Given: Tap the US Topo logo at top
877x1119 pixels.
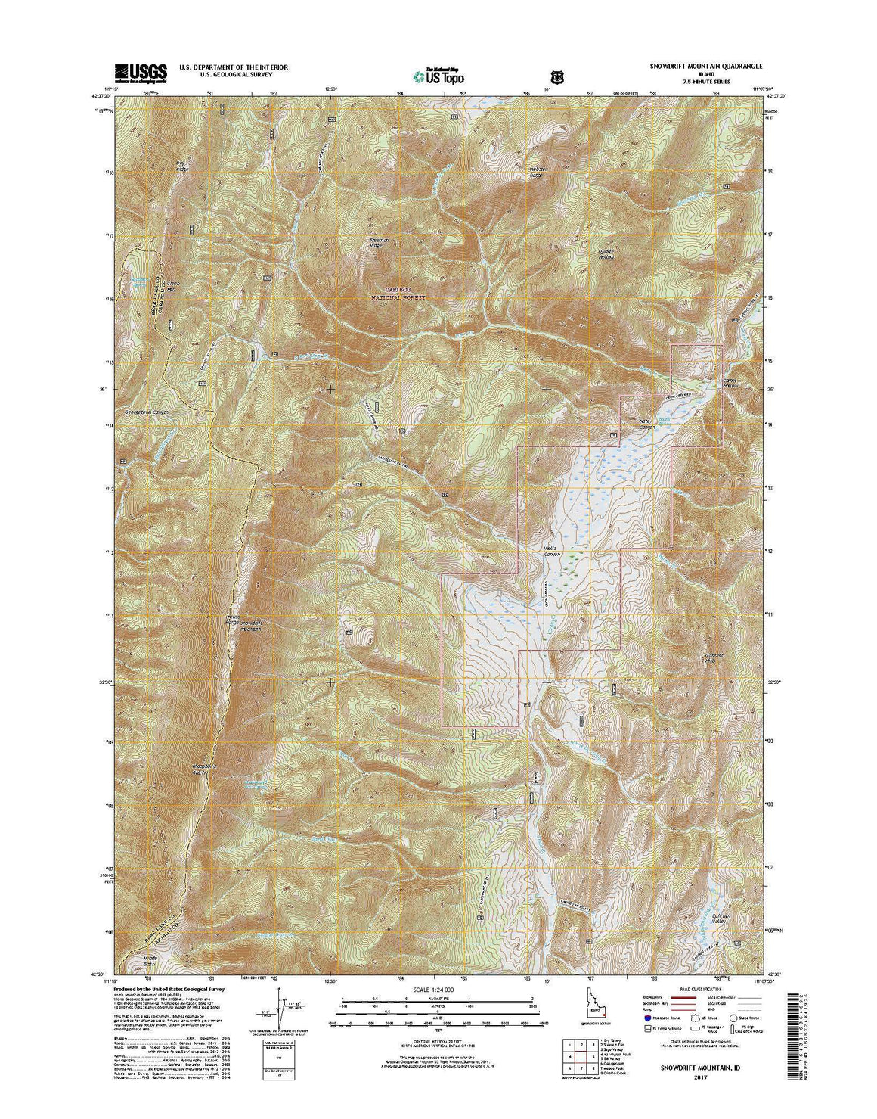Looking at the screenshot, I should (439, 75).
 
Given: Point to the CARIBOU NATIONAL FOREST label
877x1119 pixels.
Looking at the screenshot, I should (399, 294).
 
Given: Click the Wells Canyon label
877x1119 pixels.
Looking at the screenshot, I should (556, 549).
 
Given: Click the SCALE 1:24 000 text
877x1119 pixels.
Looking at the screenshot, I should (438, 989).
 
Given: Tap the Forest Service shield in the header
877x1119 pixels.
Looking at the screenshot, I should (558, 76).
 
